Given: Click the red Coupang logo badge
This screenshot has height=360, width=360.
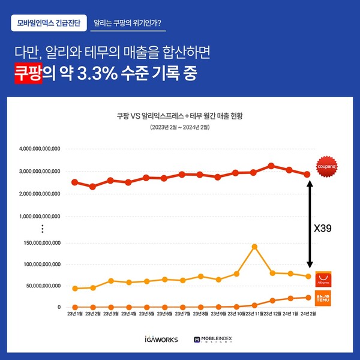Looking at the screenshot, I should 326,165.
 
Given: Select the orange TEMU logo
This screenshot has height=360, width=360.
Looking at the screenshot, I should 323,298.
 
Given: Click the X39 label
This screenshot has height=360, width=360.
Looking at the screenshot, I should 323,229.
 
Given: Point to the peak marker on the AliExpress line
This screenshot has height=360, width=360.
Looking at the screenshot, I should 254,247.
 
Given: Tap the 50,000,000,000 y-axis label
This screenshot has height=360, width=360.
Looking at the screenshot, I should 39,286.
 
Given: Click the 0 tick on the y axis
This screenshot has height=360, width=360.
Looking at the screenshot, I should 59,307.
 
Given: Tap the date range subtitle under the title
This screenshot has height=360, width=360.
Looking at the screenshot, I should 179,128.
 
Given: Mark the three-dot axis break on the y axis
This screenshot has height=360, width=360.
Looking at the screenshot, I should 43,229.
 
